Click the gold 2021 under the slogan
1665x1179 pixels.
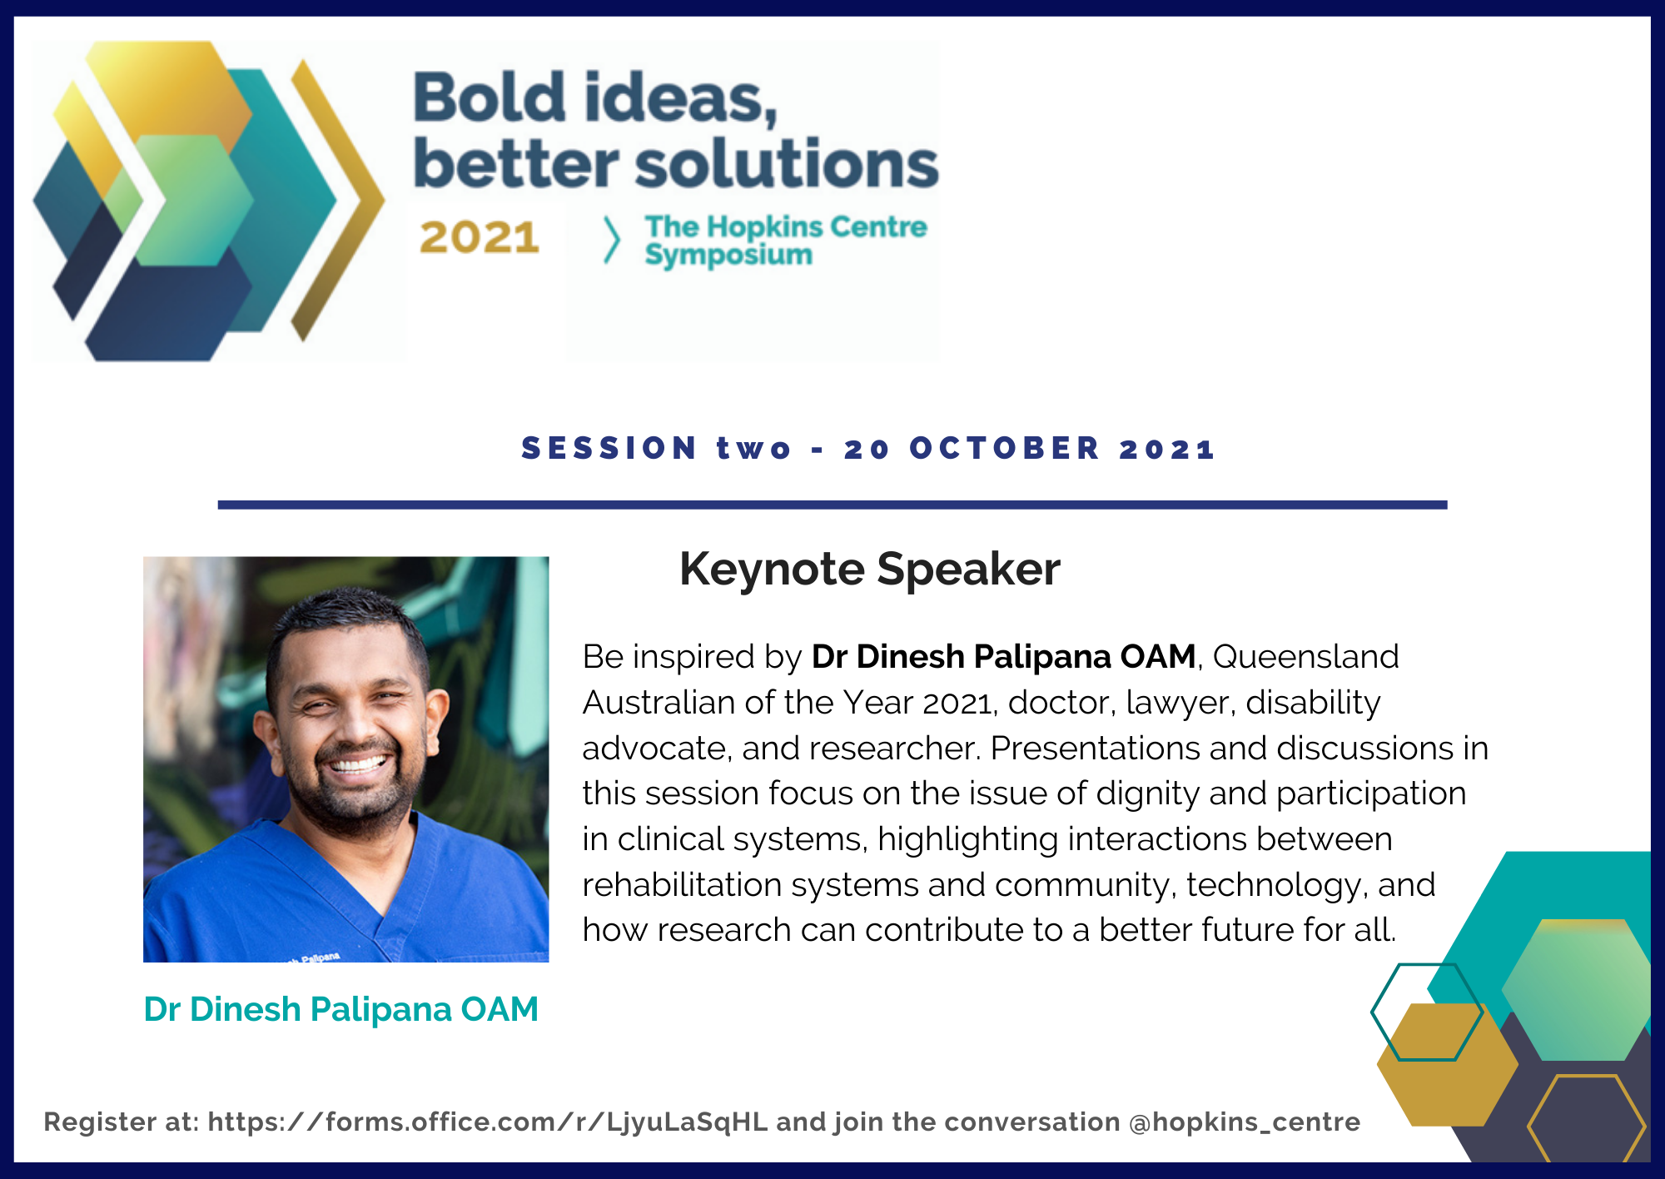480,237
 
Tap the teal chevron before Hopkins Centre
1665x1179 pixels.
612,241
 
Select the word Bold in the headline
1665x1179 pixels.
490,98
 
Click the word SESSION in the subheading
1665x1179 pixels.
609,448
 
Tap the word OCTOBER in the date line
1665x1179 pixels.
1005,448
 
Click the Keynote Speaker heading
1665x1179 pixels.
870,570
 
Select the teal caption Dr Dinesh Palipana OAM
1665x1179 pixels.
341,1009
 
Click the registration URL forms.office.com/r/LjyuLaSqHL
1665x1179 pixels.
488,1122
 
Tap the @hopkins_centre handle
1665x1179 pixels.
1245,1122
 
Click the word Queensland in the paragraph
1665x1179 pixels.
1305,657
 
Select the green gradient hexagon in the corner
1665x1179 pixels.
1576,989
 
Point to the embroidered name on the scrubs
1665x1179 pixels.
315,958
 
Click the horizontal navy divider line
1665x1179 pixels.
832,505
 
